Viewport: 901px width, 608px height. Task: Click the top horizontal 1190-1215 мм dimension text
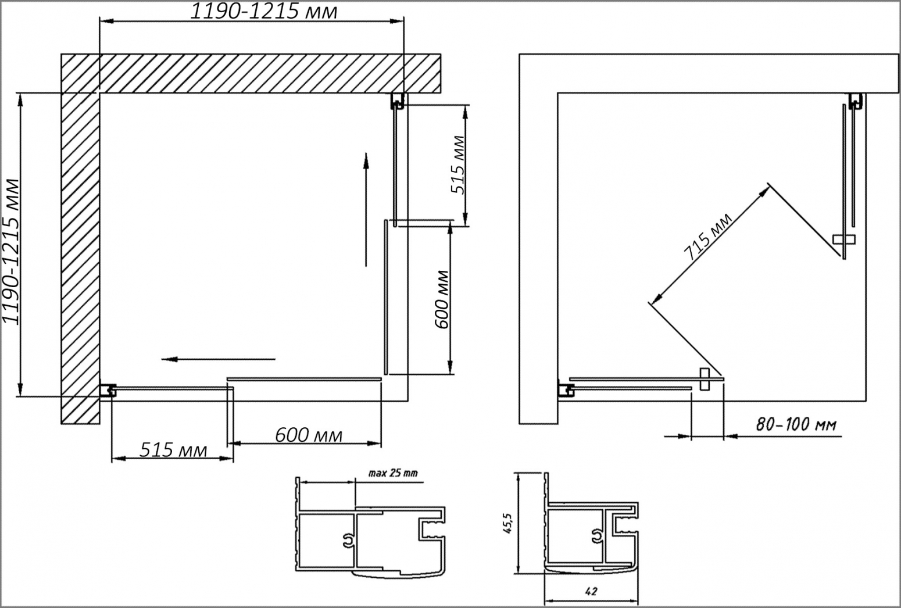pos(263,12)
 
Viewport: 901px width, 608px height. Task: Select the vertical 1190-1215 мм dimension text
pos(11,251)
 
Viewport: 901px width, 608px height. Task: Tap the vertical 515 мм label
pos(457,165)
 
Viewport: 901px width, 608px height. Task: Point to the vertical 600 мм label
pos(442,299)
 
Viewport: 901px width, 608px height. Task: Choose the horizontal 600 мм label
pos(309,435)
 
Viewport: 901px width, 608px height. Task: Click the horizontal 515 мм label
pos(173,450)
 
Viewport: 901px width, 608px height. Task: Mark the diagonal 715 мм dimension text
pos(707,237)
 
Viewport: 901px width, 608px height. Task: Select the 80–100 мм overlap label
pos(796,425)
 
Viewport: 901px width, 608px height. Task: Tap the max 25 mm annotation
pos(393,473)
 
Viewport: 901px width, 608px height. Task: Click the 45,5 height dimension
pos(507,523)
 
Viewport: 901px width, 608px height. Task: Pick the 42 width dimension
pos(591,592)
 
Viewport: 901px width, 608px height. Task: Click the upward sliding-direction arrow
pos(366,209)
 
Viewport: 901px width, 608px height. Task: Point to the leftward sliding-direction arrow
pos(219,359)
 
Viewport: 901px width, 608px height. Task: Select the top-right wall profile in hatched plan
pos(397,101)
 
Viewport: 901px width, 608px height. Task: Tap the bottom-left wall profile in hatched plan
pos(108,391)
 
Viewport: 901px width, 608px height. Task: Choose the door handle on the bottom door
pos(705,379)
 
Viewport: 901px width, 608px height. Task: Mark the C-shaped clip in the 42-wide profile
pos(597,537)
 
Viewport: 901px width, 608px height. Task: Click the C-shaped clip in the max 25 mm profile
pos(348,541)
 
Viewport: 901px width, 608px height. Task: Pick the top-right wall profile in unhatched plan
pos(856,101)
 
